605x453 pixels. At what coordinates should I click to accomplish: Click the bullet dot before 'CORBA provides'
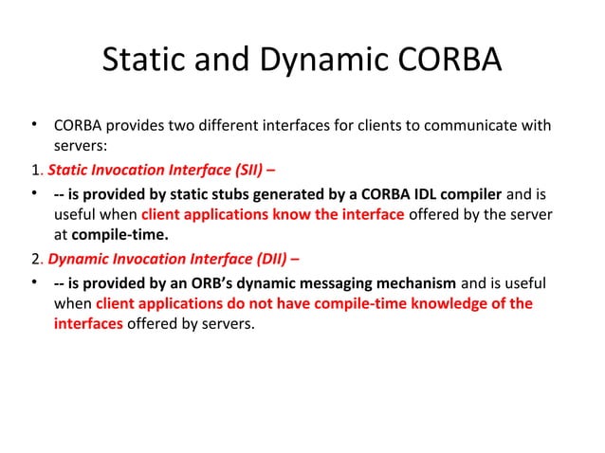pyautogui.click(x=33, y=125)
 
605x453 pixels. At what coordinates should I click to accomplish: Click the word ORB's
pyautogui.click(x=240, y=281)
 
